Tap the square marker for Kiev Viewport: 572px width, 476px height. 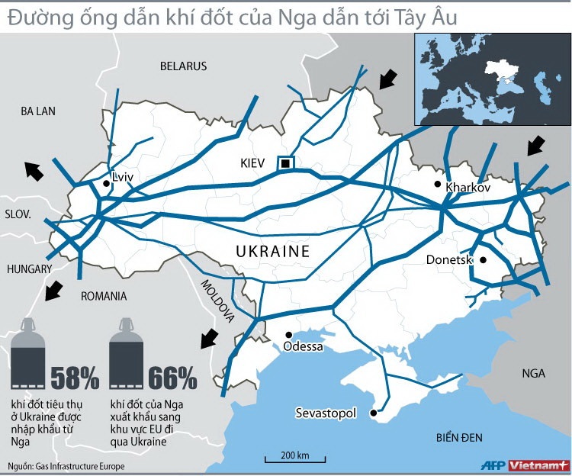[x=285, y=163]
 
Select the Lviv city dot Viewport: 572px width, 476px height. [x=106, y=183]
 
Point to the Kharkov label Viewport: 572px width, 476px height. [x=468, y=187]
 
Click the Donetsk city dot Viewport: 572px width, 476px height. [x=482, y=260]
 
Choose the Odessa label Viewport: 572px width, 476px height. [x=303, y=346]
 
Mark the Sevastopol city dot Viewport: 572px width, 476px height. [x=373, y=413]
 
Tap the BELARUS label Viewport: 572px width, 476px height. [x=183, y=66]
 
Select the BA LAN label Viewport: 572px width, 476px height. [x=39, y=111]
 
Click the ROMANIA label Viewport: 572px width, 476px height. [x=104, y=296]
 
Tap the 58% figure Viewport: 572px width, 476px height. [x=75, y=377]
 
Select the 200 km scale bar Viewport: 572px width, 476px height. [x=295, y=459]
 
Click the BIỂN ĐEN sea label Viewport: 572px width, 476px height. [x=461, y=437]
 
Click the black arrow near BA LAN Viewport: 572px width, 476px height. [x=33, y=171]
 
